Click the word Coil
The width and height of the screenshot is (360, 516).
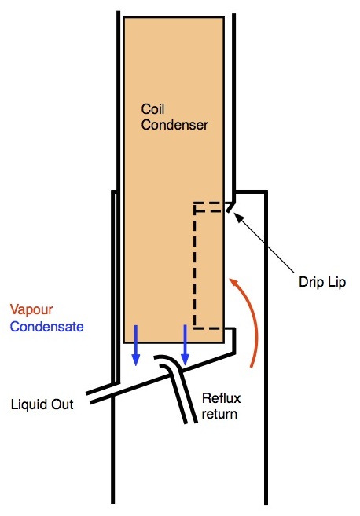pos(152,109)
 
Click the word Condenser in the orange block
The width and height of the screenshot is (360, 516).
pos(174,125)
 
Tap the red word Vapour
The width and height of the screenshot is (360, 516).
pos(31,309)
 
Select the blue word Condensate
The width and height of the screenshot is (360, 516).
pos(47,327)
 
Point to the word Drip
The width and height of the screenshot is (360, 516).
pos(310,282)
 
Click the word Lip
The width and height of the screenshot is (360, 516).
pos(336,282)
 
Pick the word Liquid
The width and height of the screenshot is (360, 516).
pos(28,404)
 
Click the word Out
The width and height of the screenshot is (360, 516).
pos(62,404)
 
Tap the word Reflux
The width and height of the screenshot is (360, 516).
pos(221,398)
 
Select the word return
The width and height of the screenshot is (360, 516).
pos(219,414)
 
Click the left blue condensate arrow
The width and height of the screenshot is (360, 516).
pos(136,345)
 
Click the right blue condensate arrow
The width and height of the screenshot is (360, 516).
pos(185,345)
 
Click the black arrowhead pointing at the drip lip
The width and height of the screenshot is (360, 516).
pos(239,218)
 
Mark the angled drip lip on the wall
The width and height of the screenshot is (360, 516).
pos(230,207)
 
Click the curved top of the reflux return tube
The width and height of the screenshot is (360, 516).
pos(168,360)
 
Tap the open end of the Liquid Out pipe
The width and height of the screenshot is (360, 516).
pos(88,397)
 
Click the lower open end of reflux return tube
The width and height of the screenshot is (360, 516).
pos(190,422)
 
